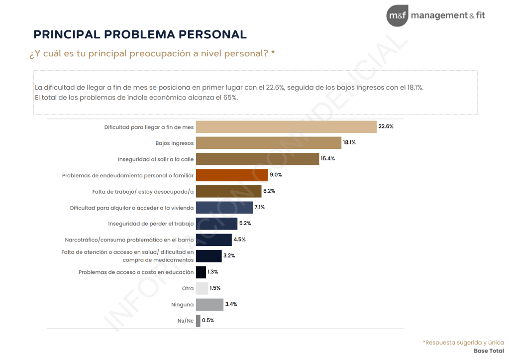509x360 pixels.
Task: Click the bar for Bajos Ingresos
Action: [x=268, y=143]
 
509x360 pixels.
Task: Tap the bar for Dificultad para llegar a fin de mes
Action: [x=286, y=126]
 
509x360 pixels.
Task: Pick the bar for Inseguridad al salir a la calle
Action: [x=257, y=159]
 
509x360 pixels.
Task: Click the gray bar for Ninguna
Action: [x=209, y=304]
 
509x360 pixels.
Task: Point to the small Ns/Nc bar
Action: [x=198, y=321]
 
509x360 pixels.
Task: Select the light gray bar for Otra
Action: [x=202, y=288]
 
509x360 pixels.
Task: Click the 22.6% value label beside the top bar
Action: [x=386, y=126]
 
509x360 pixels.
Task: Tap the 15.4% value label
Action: [x=328, y=159]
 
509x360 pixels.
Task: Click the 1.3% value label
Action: [x=213, y=272]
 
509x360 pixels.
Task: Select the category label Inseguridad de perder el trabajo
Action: [x=151, y=224]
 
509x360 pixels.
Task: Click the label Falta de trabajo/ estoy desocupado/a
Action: [x=143, y=191]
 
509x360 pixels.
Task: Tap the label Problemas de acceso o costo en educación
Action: [x=136, y=272]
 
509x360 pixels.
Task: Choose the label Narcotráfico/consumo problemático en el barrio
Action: [x=129, y=240]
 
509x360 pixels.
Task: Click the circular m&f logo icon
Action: [x=397, y=16]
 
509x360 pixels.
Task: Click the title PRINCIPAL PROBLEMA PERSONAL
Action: [x=140, y=34]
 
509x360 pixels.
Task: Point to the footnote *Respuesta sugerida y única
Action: [x=463, y=342]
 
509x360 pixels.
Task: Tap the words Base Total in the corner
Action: [x=489, y=351]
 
